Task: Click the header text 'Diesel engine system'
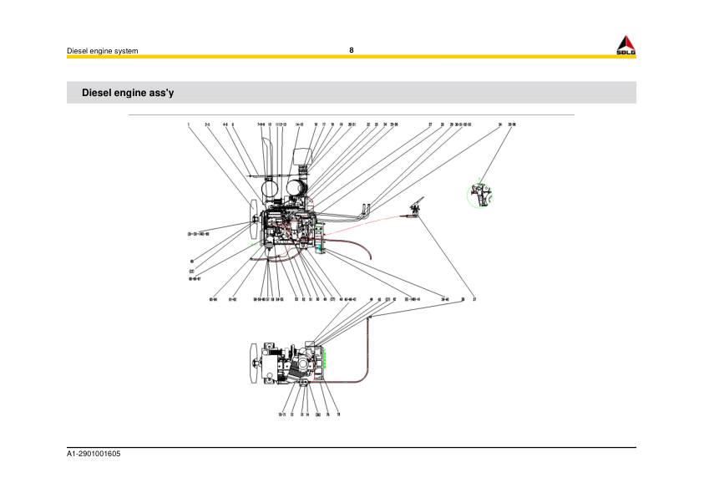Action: (102, 51)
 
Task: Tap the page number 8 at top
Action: (352, 50)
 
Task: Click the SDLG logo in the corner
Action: (625, 46)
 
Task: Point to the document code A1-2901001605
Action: (94, 453)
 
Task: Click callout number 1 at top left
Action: (189, 124)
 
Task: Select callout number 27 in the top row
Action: (430, 124)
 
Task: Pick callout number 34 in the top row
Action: (499, 124)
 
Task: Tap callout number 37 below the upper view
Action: (474, 298)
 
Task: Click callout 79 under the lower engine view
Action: (338, 414)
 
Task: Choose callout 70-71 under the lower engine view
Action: (282, 414)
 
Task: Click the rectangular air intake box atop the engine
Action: (303, 158)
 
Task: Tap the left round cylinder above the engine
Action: (272, 189)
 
